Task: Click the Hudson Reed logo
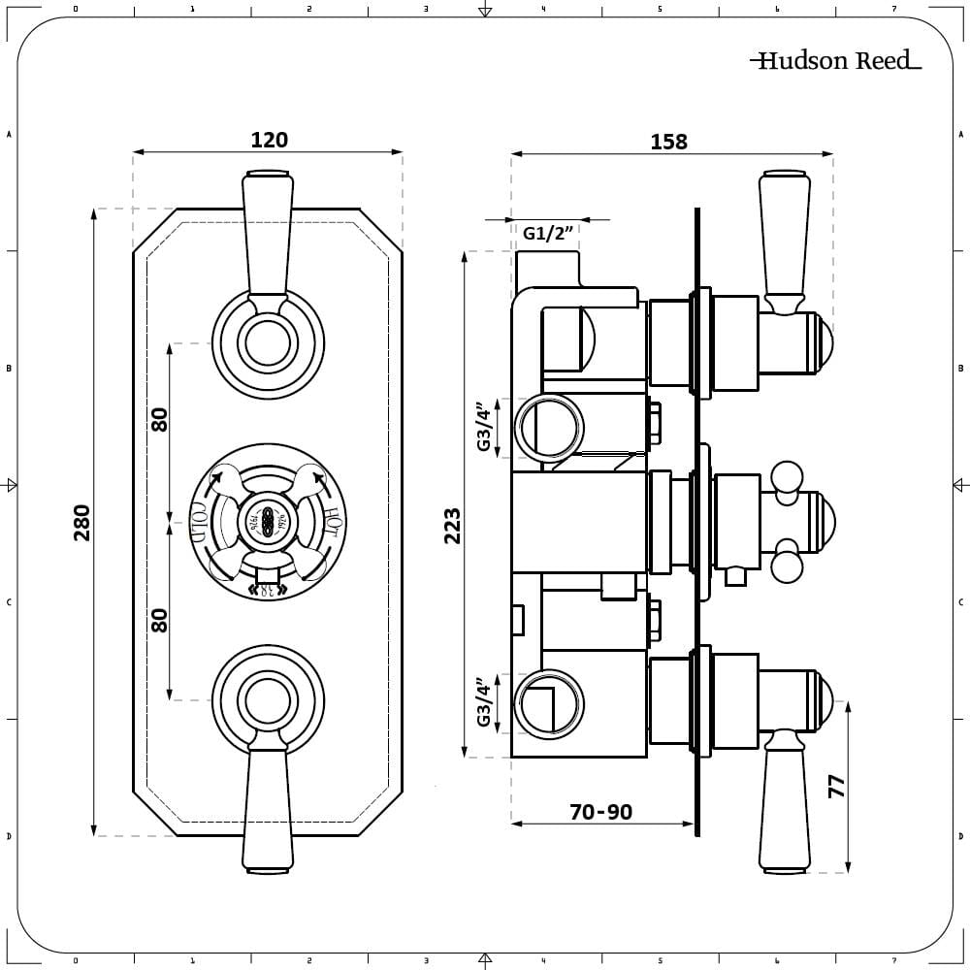835,60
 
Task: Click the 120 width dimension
269,140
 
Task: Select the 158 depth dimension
668,142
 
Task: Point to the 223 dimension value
452,525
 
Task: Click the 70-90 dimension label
600,811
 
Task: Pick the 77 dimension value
836,786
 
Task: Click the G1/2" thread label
549,233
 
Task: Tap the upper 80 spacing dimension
160,419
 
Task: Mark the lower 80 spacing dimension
160,620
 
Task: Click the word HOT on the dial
333,521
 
